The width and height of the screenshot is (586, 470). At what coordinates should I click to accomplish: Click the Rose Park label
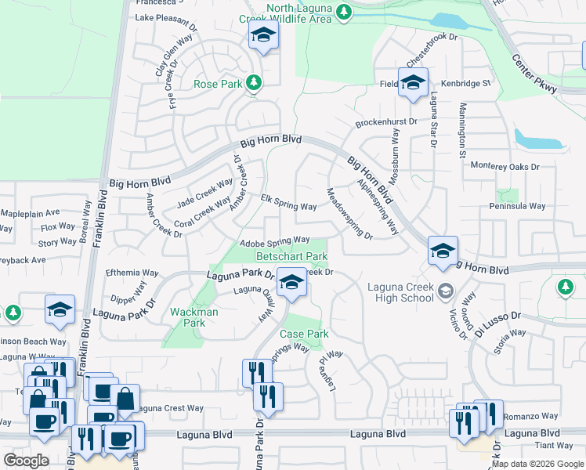point(218,83)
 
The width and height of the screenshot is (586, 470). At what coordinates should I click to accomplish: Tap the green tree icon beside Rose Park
point(253,82)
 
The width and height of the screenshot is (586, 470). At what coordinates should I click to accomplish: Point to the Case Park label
point(304,334)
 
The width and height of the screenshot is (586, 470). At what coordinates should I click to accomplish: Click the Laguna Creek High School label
point(400,292)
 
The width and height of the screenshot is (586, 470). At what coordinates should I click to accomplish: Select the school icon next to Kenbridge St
point(413,83)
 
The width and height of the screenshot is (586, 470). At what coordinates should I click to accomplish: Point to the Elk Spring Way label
point(288,202)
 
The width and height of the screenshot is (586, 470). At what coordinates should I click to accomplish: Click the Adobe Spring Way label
point(275,241)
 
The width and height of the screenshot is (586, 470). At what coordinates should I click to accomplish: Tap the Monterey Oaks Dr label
point(505,166)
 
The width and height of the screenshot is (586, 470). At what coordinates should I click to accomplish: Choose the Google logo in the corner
point(26,461)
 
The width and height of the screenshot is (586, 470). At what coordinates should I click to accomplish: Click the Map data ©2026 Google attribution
point(537,463)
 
